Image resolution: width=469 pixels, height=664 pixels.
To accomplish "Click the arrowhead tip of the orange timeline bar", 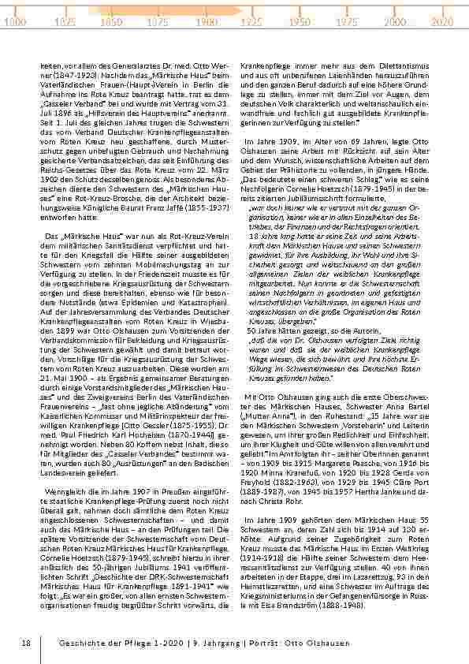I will [241, 11].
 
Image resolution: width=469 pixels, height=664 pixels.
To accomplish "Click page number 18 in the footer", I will [26, 643].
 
